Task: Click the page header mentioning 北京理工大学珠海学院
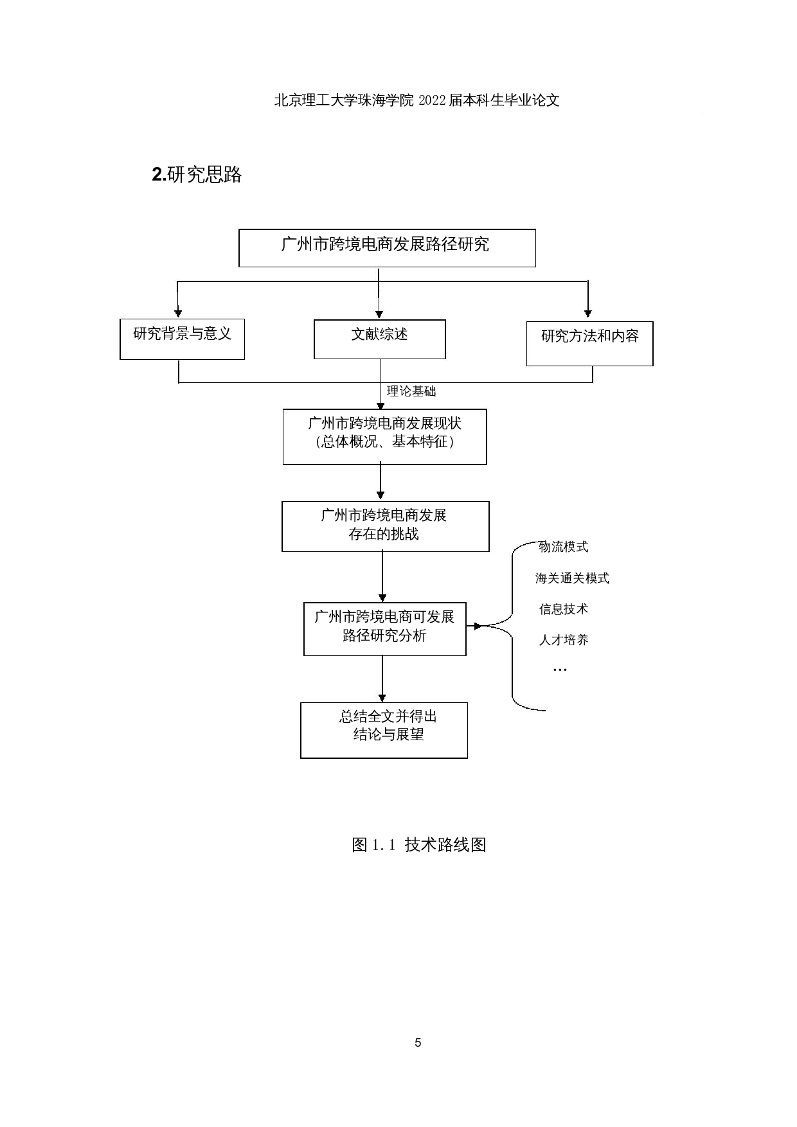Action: pyautogui.click(x=416, y=101)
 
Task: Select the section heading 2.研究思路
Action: pyautogui.click(x=197, y=175)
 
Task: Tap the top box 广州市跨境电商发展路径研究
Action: pyautogui.click(x=386, y=247)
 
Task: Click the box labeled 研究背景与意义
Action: pyautogui.click(x=182, y=339)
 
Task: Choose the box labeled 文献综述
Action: pyautogui.click(x=379, y=339)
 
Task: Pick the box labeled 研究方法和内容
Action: pyautogui.click(x=589, y=343)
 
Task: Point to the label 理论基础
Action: pyautogui.click(x=411, y=391)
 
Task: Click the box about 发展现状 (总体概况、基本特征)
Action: pyautogui.click(x=384, y=436)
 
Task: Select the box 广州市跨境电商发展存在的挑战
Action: pyautogui.click(x=384, y=526)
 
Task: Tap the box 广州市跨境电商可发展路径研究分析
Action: pyautogui.click(x=384, y=628)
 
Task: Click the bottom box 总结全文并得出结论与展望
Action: pyautogui.click(x=384, y=729)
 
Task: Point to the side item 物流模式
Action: pyautogui.click(x=563, y=547)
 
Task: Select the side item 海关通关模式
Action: pyautogui.click(x=572, y=578)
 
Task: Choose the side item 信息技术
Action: pyautogui.click(x=563, y=609)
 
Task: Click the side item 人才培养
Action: pyautogui.click(x=563, y=640)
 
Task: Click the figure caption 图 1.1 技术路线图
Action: pyautogui.click(x=418, y=845)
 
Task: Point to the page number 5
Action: pyautogui.click(x=418, y=1043)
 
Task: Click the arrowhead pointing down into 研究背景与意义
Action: pyautogui.click(x=178, y=313)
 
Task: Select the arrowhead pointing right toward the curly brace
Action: pyautogui.click(x=478, y=626)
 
